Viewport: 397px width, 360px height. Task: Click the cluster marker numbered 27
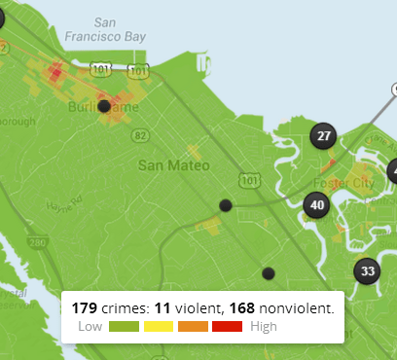(x=324, y=136)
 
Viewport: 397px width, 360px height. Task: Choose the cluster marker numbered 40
(x=315, y=204)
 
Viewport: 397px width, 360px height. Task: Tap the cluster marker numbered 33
(x=367, y=270)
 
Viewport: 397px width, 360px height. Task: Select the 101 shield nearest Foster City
(x=251, y=180)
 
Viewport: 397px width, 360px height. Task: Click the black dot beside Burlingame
(x=103, y=106)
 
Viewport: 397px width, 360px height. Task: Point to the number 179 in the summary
(x=85, y=307)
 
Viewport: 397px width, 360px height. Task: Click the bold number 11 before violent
(x=162, y=307)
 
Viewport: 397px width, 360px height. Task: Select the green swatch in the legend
(x=125, y=326)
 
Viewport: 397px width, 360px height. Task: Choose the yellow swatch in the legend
(x=159, y=326)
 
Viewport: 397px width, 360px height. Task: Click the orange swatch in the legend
(x=193, y=326)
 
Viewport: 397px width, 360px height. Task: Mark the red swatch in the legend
(x=227, y=326)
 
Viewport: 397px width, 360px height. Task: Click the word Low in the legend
(x=90, y=326)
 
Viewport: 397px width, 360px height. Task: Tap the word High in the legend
(x=263, y=326)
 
